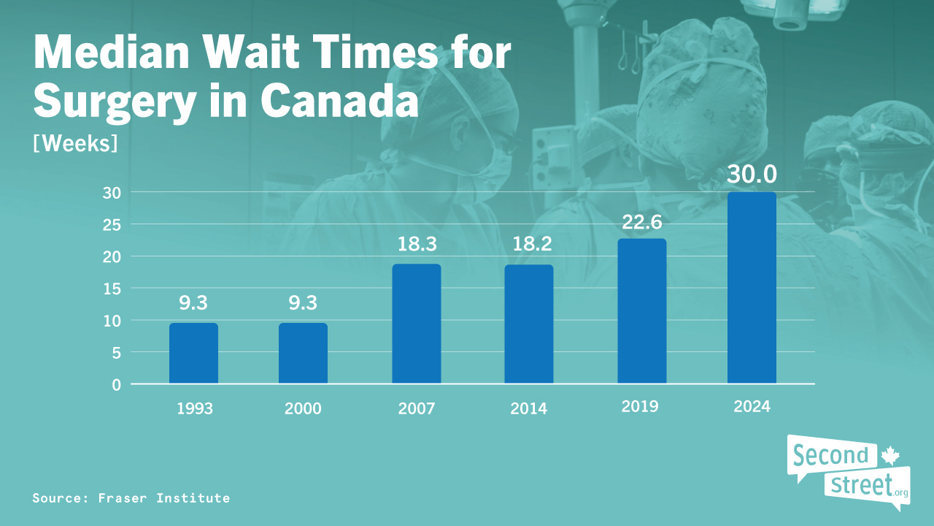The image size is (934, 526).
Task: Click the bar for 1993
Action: [x=193, y=354]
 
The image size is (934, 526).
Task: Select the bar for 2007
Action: [x=416, y=324]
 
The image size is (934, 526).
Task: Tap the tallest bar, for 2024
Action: [x=752, y=288]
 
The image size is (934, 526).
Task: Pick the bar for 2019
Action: [x=641, y=311]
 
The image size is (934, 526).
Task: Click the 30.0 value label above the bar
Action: [x=752, y=175]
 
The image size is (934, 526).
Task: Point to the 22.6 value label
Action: [x=641, y=221]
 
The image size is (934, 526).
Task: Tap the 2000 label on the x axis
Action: [x=303, y=408]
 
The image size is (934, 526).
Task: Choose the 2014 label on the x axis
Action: [x=528, y=408]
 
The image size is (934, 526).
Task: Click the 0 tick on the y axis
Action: [x=116, y=384]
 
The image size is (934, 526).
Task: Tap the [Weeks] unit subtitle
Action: [x=75, y=142]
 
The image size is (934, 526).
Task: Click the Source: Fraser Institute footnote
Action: [x=131, y=498]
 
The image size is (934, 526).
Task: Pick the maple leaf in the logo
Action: [x=889, y=456]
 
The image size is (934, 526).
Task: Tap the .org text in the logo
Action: [x=900, y=493]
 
